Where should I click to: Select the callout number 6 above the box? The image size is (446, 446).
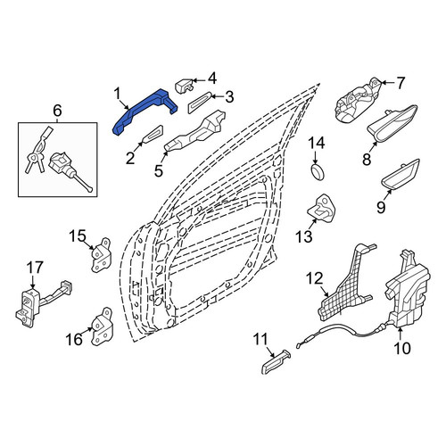pos(57,111)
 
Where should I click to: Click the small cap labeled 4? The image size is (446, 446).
pos(184,86)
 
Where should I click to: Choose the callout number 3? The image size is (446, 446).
pos(229,96)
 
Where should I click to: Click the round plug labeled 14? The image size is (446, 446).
pos(318,171)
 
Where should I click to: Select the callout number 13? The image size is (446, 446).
pos(304,236)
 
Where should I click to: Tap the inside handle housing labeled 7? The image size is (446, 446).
pos(358,100)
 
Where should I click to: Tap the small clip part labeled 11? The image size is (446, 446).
pos(275,362)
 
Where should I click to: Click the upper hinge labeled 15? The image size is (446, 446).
pos(100,255)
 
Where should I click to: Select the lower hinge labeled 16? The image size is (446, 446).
pos(102,326)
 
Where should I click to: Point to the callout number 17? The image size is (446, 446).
pos(35,268)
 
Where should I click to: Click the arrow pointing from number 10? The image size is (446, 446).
pos(400,334)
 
